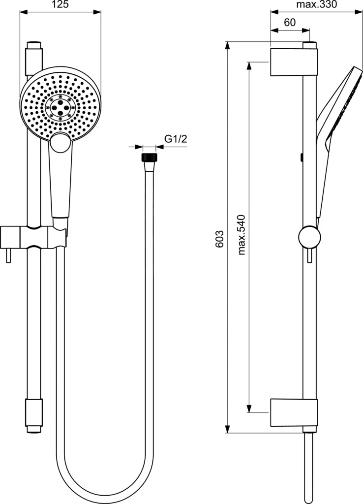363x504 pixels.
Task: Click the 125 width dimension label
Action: click(60, 4)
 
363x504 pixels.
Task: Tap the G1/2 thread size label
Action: click(176, 139)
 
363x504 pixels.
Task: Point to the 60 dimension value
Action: click(290, 23)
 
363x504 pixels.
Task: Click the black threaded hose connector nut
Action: click(149, 157)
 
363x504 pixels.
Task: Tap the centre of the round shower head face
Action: click(60, 106)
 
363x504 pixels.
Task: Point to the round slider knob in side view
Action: click(309, 237)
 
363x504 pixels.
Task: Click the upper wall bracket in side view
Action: click(290, 63)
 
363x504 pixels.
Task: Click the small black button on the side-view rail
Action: click(301, 157)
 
